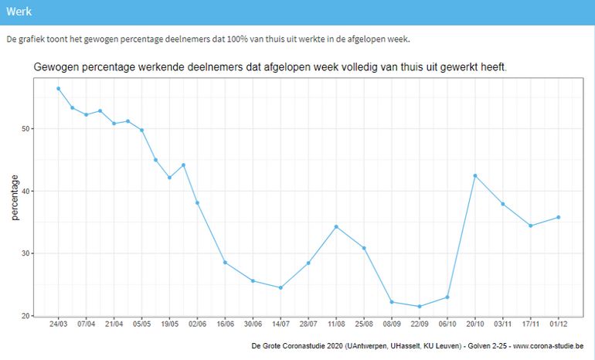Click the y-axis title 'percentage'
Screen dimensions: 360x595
[15, 197]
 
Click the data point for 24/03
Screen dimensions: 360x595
[59, 88]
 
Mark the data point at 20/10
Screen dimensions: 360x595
[475, 175]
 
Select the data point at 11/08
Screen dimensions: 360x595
[336, 226]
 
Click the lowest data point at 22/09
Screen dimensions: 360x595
[420, 307]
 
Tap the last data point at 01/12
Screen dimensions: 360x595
[558, 217]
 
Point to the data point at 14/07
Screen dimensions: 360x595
[280, 287]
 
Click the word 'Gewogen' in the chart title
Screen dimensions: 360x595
[57, 67]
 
